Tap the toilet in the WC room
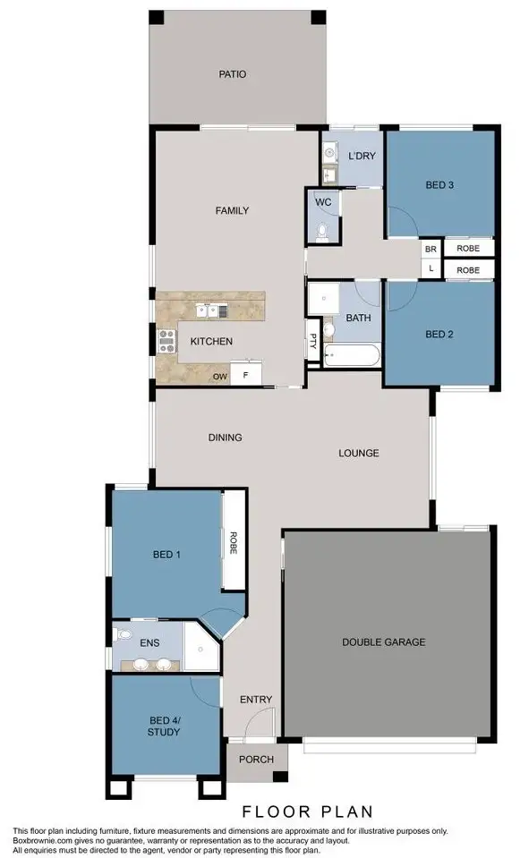[x=323, y=232]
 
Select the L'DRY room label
[x=361, y=157]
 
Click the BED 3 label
[x=439, y=185]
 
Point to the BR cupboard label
[x=430, y=248]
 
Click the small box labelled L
[x=430, y=268]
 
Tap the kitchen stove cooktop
[x=166, y=340]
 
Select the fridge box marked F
[x=245, y=377]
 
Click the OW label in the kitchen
[x=219, y=378]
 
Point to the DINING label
[x=226, y=437]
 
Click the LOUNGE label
[x=358, y=453]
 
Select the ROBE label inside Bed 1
[x=234, y=543]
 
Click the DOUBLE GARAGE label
[x=383, y=641]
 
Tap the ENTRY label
[x=256, y=700]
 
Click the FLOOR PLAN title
[x=307, y=811]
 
